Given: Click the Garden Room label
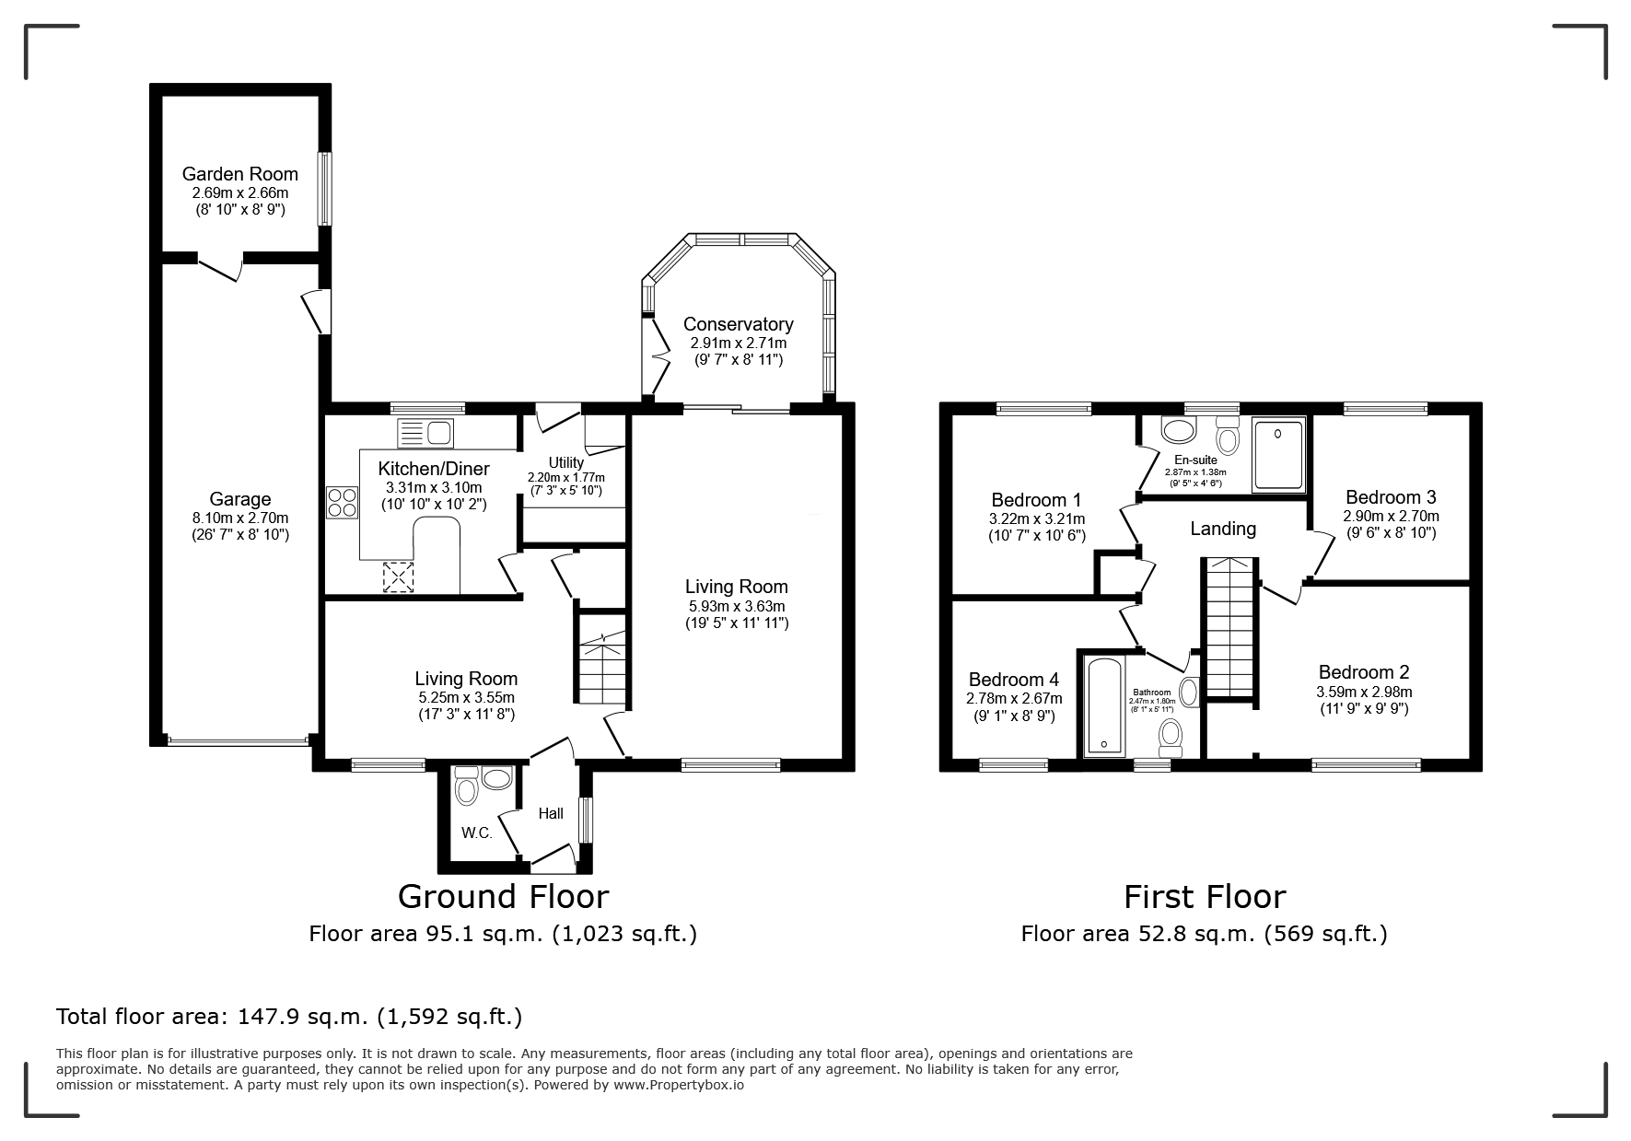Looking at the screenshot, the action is pyautogui.click(x=239, y=174).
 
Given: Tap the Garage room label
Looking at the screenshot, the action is pyautogui.click(x=239, y=499).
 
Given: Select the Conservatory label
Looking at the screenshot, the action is pyautogui.click(x=738, y=324).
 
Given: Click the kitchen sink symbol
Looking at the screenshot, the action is pyautogui.click(x=425, y=432).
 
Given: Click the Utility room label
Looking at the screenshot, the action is pyautogui.click(x=565, y=462).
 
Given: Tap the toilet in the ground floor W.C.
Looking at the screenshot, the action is pyautogui.click(x=466, y=788).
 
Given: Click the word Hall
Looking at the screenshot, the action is pyautogui.click(x=551, y=813).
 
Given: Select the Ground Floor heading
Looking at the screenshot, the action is pyautogui.click(x=503, y=896).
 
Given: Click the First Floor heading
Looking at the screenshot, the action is pyautogui.click(x=1205, y=896).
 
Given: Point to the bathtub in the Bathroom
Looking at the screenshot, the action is pyautogui.click(x=1102, y=707).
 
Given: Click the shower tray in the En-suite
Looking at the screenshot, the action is pyautogui.click(x=1278, y=455).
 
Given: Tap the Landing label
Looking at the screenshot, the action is pyautogui.click(x=1222, y=529).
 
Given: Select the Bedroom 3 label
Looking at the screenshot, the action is pyautogui.click(x=1391, y=497).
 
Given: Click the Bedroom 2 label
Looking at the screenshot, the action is pyautogui.click(x=1364, y=672).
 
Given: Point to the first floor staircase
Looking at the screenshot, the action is pyautogui.click(x=1229, y=628).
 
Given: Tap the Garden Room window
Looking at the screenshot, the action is pyautogui.click(x=324, y=188).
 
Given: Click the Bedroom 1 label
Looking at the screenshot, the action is pyautogui.click(x=1036, y=500).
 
